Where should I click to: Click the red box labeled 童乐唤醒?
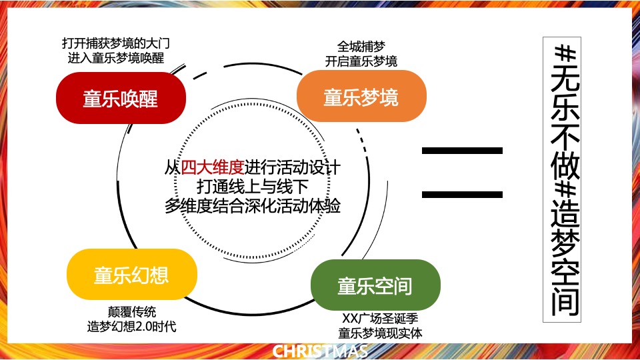pyautogui.click(x=120, y=99)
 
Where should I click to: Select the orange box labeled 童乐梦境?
pyautogui.click(x=361, y=97)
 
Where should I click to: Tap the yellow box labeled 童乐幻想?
pyautogui.click(x=131, y=275)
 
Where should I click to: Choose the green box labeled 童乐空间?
pyautogui.click(x=375, y=286)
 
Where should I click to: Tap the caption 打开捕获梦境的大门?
pyautogui.click(x=116, y=44)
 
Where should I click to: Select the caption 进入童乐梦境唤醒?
pyautogui.click(x=116, y=58)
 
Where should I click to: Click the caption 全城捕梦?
pyautogui.click(x=361, y=47)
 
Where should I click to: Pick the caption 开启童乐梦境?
pyautogui.click(x=361, y=61)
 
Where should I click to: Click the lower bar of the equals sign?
pyautogui.click(x=462, y=194)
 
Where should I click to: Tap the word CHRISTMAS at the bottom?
pyautogui.click(x=320, y=351)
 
